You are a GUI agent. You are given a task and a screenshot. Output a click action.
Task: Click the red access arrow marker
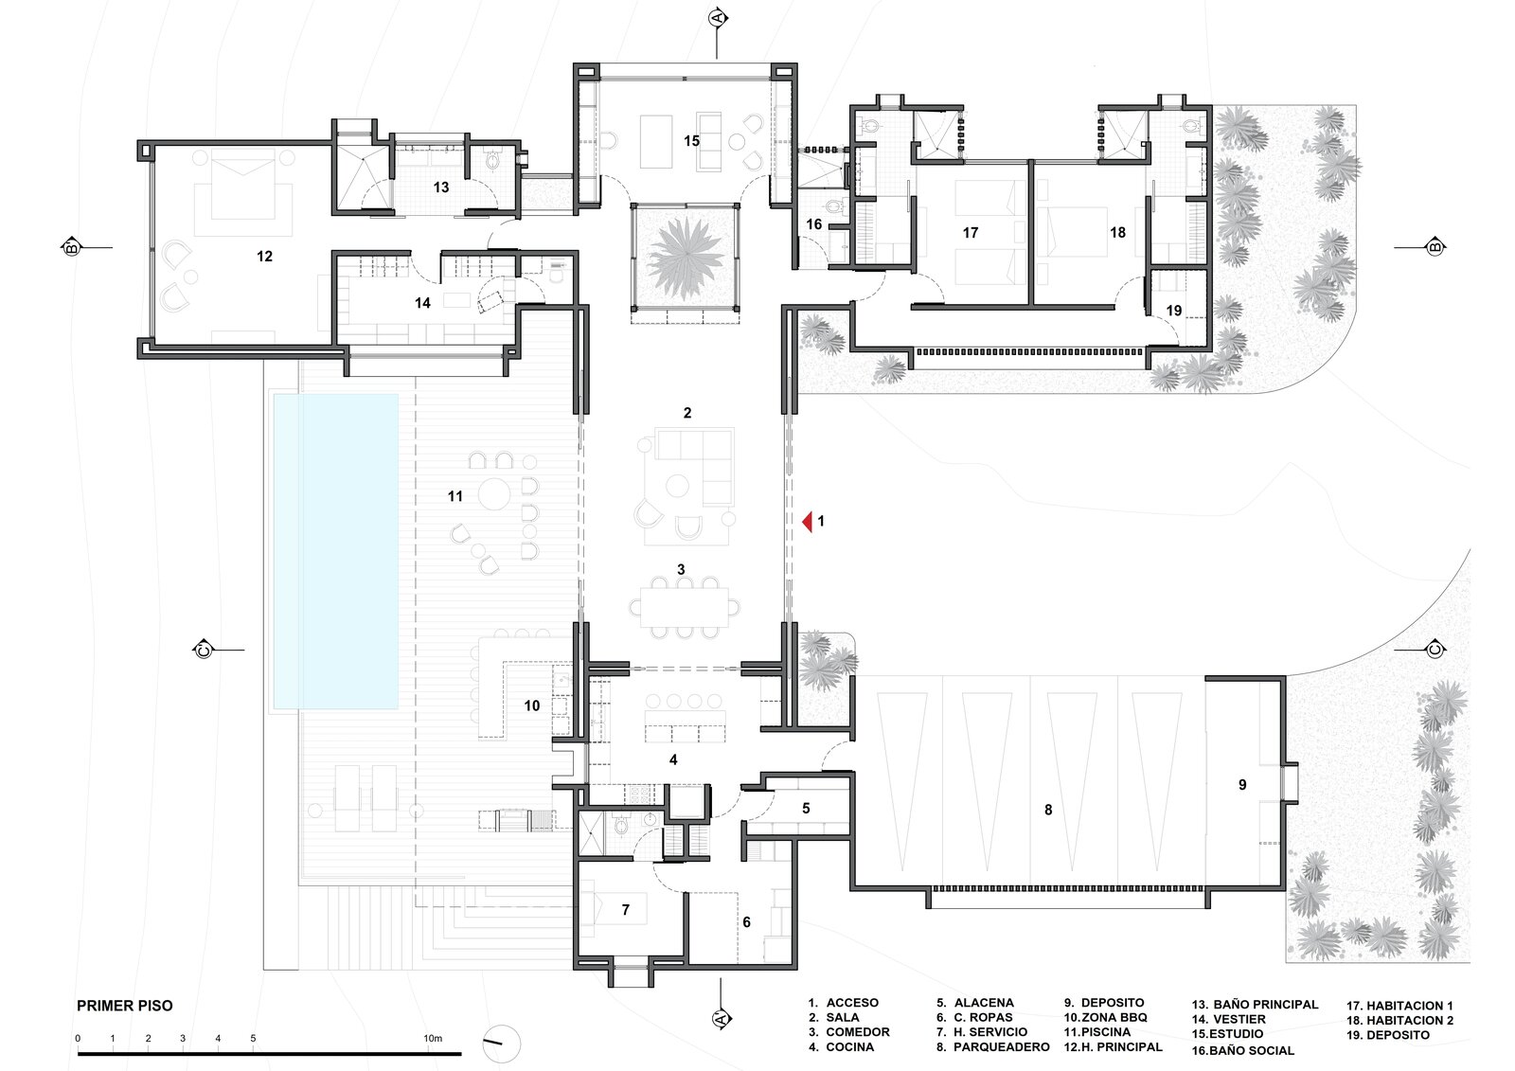[807, 522]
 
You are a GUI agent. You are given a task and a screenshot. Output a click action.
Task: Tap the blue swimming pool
[335, 551]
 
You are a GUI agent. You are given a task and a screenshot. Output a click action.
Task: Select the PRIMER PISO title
[124, 1006]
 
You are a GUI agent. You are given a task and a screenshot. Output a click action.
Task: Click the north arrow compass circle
[501, 1044]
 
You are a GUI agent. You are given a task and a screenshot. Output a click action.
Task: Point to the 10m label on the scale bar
[433, 1039]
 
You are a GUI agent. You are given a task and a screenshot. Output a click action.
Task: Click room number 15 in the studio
[691, 141]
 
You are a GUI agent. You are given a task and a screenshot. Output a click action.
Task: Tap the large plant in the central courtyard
[686, 258]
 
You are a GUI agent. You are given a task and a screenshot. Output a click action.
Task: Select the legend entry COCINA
[842, 1047]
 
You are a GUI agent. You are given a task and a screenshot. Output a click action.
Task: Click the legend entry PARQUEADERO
[993, 1047]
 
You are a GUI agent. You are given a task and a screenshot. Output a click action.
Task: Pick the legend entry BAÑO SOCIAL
[1243, 1051]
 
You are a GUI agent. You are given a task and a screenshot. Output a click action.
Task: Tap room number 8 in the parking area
[1048, 810]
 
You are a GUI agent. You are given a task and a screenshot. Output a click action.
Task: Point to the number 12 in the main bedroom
[264, 257]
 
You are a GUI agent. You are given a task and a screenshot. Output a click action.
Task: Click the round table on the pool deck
[494, 494]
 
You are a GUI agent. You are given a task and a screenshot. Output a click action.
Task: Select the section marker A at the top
[718, 18]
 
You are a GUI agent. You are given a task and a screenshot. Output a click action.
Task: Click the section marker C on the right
[1435, 651]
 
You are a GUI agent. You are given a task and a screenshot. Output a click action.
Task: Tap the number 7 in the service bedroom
[626, 910]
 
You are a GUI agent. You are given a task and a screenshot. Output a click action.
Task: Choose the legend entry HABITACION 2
[1400, 1021]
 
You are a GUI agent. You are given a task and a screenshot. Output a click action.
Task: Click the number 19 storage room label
[1174, 311]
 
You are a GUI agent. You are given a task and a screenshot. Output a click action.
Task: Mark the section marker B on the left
[70, 247]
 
